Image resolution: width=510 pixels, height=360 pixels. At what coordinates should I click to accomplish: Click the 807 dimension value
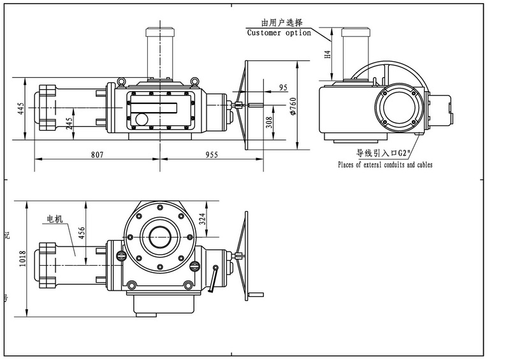(98, 154)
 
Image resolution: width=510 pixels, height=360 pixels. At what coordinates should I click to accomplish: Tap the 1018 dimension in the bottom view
(24, 261)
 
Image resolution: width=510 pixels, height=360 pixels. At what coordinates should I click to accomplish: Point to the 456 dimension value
(82, 235)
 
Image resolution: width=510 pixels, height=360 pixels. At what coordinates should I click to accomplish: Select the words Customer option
(279, 32)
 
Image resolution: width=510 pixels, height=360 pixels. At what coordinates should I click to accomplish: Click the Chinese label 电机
(53, 220)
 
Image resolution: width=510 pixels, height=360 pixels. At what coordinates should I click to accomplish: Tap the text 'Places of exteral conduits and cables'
(385, 165)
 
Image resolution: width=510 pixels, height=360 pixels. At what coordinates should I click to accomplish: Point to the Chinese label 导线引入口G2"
(384, 154)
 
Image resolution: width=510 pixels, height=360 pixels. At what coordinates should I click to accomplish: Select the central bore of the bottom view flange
(159, 238)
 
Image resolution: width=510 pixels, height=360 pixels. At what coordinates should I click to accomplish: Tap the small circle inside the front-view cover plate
(140, 119)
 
